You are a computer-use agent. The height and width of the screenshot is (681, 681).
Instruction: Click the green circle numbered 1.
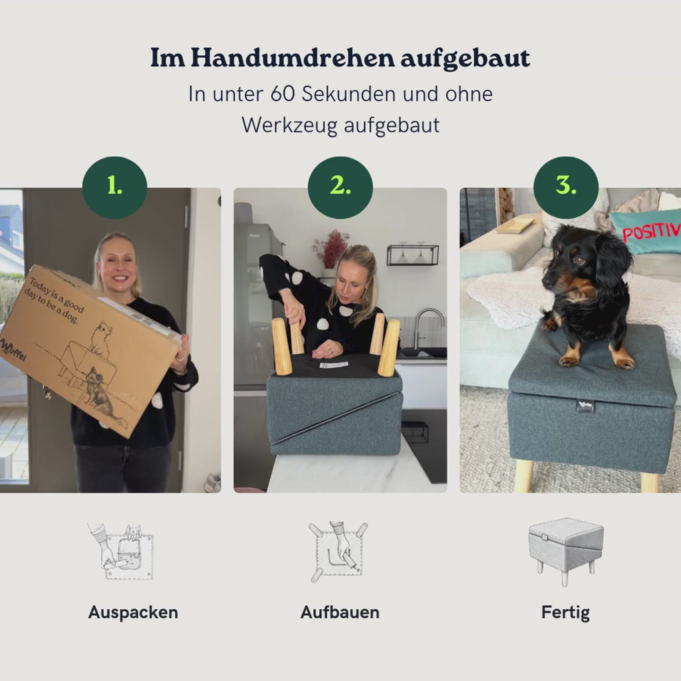114,188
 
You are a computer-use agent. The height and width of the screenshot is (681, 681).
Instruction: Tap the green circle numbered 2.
340,188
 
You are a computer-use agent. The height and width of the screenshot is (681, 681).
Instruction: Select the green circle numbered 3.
565,188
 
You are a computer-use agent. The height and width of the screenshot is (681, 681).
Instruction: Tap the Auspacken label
133,613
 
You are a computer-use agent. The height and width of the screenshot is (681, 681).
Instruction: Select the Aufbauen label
340,613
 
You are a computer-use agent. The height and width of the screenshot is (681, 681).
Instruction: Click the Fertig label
565,613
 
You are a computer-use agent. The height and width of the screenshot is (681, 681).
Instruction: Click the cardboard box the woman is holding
86,346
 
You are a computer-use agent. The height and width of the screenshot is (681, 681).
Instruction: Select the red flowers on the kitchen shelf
331,247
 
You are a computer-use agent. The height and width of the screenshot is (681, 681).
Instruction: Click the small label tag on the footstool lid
585,405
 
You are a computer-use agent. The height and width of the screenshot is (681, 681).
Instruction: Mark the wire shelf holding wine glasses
412,255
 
